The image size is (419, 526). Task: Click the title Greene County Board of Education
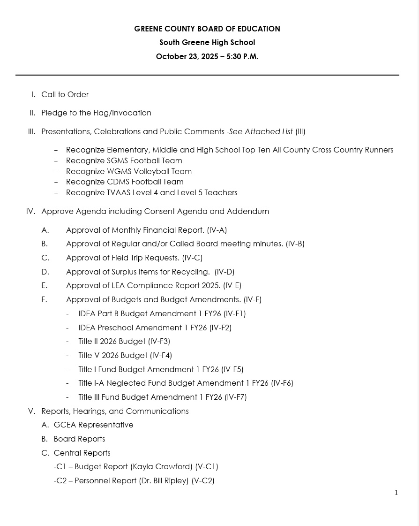pos(207,29)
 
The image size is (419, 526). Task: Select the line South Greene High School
pos(207,43)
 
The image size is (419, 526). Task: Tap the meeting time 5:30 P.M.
pos(242,57)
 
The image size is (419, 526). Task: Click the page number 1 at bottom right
pos(396,492)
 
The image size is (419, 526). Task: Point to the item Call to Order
pos(65,95)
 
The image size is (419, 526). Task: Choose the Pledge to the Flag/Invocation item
pos(96,113)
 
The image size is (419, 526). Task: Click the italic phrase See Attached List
pos(261,132)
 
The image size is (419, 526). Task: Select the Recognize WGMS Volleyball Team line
pos(129,172)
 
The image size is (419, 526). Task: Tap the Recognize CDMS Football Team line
pos(125,182)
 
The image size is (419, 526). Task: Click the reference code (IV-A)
pos(217,230)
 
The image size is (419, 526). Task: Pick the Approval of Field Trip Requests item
pos(123,258)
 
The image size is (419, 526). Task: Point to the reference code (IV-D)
pos(224,272)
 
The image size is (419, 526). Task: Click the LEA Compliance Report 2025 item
pos(143,286)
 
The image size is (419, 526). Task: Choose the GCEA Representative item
pos(93,425)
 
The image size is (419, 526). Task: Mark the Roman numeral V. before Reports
pos(32,412)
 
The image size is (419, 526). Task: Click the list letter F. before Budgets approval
pos(45,300)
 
